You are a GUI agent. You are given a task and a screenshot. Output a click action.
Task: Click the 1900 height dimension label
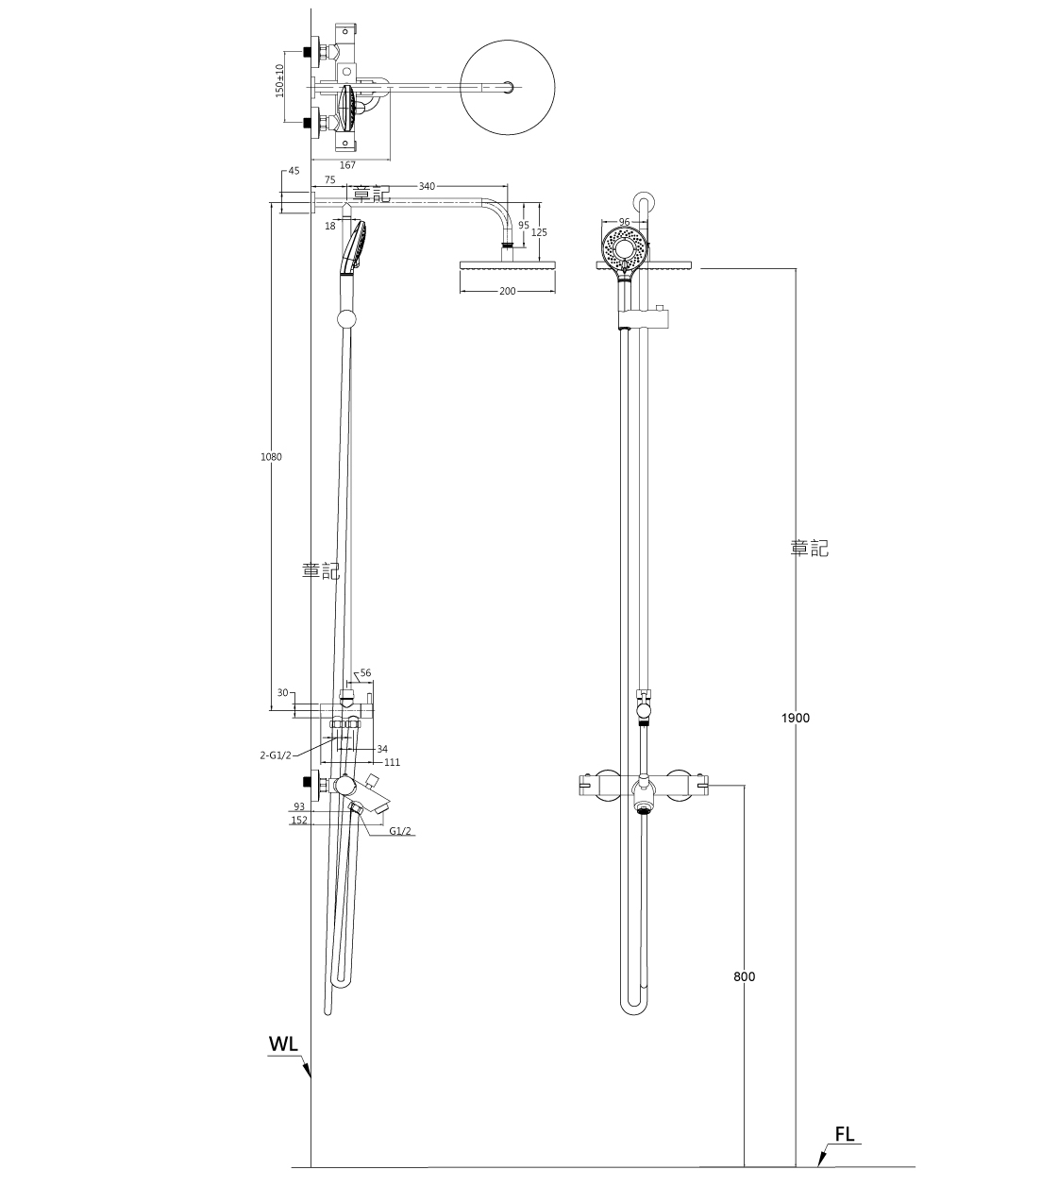point(795,718)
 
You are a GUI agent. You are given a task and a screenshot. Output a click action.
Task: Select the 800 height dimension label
point(744,976)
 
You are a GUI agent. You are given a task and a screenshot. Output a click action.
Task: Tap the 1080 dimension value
point(271,457)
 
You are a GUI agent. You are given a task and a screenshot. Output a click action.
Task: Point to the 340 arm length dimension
point(427,187)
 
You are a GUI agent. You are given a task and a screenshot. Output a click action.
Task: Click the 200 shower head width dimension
point(508,292)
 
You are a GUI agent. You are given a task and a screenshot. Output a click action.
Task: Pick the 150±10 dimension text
point(279,80)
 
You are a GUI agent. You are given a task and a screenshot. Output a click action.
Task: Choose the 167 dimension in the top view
point(346,165)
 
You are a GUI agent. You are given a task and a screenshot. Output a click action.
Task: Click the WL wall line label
point(283,1043)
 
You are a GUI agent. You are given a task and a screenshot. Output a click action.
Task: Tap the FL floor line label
point(844,1135)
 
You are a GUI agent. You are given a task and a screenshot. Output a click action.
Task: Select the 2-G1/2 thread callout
point(276,755)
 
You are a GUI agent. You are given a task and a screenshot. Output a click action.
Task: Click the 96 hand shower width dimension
point(624,222)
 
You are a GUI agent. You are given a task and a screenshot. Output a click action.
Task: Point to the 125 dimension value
point(539,232)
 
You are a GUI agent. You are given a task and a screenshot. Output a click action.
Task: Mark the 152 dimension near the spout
point(298,821)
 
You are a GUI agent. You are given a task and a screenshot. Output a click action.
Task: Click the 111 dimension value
point(392,762)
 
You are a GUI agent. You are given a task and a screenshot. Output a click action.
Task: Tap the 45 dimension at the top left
point(294,171)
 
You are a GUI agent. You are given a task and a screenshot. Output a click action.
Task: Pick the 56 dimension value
point(365,673)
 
